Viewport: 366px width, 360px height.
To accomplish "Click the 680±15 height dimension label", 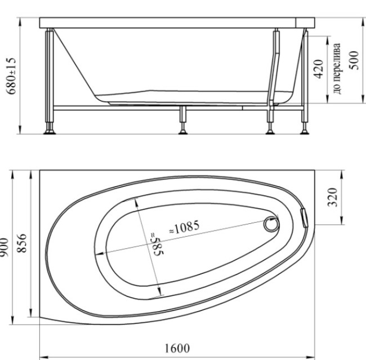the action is click(11, 76).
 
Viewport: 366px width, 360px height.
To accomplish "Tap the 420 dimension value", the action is click(318, 69).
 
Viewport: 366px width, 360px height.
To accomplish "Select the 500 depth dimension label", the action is click(354, 60).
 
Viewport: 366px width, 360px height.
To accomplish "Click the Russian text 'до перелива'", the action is click(337, 69).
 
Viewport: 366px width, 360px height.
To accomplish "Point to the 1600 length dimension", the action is click(177, 349).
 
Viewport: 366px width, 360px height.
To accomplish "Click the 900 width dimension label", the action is click(3, 247).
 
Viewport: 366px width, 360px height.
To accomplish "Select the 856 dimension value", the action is click(22, 243).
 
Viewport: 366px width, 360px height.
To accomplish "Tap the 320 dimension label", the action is click(332, 197).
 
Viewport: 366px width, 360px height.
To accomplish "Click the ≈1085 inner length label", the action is click(184, 227).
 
